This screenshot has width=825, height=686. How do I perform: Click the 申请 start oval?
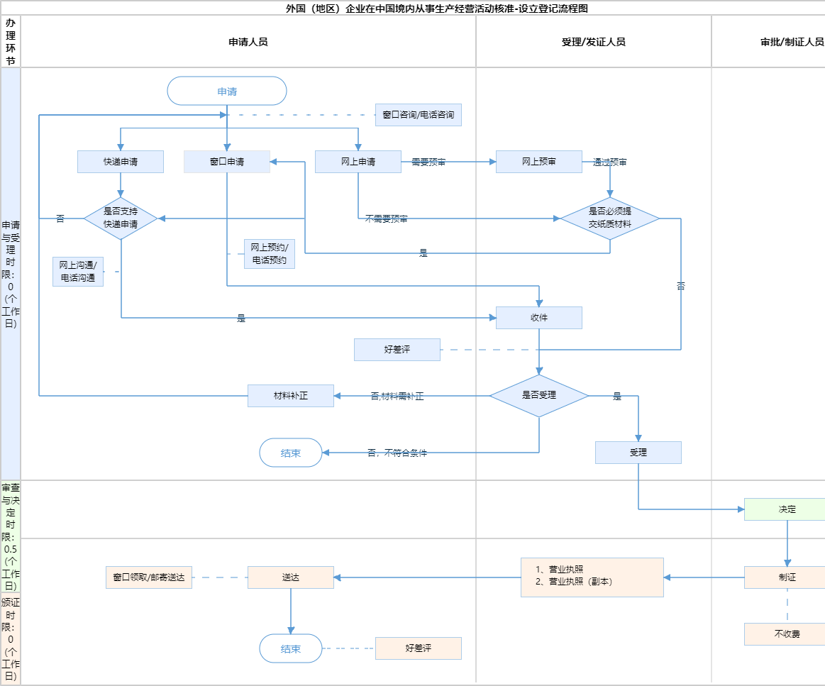coord(227,91)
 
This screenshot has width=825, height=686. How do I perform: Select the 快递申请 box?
coord(121,162)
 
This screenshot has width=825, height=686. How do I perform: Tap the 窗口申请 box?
coord(227,162)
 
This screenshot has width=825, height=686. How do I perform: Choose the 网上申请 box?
coord(358,162)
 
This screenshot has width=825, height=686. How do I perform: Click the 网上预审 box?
coord(539,162)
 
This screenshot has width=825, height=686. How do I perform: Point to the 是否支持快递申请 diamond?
coord(121,218)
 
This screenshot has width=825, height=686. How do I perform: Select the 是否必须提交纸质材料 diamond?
coord(610,218)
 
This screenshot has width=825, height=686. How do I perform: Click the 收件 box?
coord(539,318)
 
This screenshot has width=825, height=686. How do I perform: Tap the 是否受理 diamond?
coord(539,396)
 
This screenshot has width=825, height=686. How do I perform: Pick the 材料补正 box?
coord(291,396)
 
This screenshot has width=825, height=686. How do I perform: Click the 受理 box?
coord(638,453)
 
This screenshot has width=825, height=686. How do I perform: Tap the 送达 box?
coord(291,577)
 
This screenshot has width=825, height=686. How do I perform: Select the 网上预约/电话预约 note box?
coord(270,254)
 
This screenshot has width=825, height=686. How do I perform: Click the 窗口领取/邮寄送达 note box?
coord(149,577)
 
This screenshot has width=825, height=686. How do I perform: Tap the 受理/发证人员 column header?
coord(593,42)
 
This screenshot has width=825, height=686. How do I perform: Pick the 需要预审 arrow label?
coord(428,162)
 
